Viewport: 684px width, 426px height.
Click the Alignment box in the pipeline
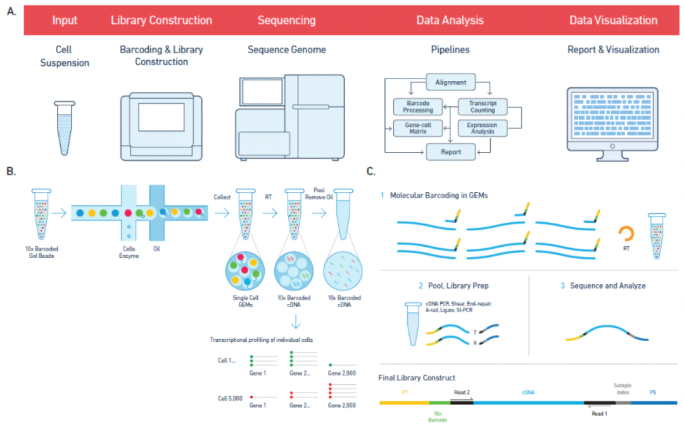pos(451,82)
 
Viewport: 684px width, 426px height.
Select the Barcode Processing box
pos(418,106)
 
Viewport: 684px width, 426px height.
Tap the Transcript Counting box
pos(483,106)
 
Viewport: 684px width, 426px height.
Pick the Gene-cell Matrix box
pos(418,128)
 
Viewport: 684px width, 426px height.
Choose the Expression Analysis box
pos(483,128)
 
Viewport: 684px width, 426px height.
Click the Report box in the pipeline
pos(451,152)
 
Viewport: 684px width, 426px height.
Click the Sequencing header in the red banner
pos(287,20)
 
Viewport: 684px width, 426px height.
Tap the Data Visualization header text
pos(613,20)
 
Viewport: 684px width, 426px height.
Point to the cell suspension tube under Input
pos(65,128)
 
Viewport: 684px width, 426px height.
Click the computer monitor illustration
pos(612,124)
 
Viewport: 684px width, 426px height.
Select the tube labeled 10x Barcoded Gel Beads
pos(41,214)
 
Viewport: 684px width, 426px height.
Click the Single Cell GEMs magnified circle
pos(245,271)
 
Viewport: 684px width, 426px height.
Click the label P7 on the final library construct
pos(405,392)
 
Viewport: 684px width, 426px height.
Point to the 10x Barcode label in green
pos(438,417)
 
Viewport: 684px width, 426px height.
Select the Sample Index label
pos(623,389)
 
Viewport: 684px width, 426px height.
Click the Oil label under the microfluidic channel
pos(156,249)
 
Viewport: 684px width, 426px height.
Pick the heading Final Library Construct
pos(417,378)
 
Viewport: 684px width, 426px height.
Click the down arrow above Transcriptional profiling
pos(296,322)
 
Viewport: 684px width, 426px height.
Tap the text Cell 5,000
pos(230,399)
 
